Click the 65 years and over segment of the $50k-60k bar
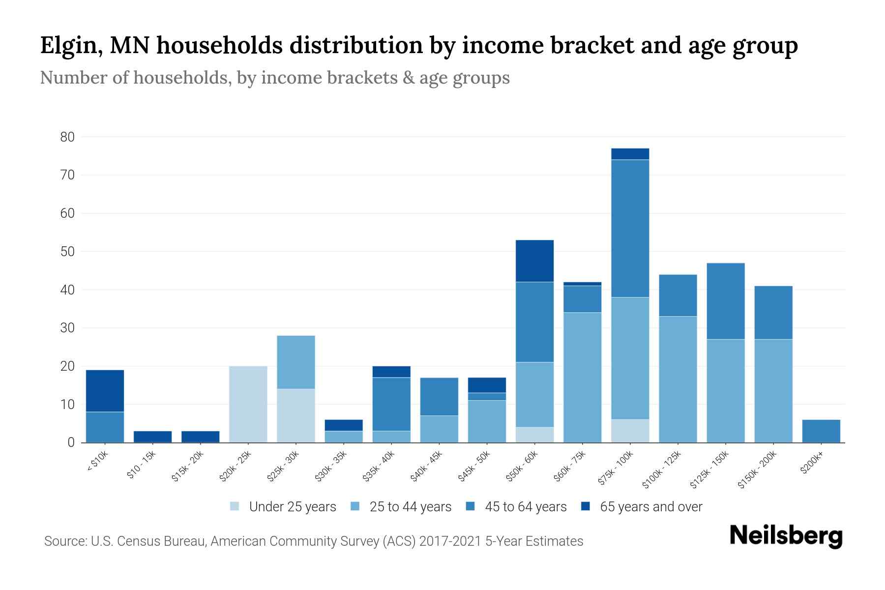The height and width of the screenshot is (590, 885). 534,261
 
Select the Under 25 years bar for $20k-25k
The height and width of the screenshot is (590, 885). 248,404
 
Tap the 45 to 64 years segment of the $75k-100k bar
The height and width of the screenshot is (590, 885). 630,228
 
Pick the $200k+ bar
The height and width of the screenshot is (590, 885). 821,431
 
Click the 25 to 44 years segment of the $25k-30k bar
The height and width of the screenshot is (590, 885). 296,362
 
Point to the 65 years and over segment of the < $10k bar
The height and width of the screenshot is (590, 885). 105,390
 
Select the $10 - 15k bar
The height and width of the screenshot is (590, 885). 152,437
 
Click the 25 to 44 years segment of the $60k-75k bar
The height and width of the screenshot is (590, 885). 582,377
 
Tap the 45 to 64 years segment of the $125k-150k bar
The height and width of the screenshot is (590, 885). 725,301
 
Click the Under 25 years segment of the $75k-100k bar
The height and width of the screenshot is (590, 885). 630,431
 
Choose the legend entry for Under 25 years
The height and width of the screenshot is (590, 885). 283,507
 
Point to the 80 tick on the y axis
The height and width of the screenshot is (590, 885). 67,137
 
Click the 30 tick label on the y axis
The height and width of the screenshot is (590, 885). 67,328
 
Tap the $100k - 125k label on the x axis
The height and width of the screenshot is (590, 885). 662,470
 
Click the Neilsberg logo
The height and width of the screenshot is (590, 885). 786,535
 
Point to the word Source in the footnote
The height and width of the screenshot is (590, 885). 64,541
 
